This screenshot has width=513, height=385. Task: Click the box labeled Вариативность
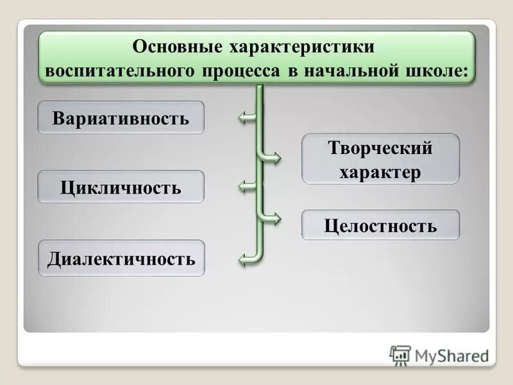click(121, 118)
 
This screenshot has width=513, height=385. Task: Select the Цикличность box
click(121, 187)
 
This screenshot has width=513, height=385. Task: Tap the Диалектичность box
click(121, 259)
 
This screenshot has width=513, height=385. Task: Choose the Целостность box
click(380, 225)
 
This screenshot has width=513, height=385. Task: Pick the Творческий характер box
click(380, 159)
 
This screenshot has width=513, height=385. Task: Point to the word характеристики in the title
click(300, 48)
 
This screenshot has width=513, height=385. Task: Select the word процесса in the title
click(243, 71)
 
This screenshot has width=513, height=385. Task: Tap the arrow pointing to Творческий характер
click(273, 158)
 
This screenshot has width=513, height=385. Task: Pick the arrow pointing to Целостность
click(273, 218)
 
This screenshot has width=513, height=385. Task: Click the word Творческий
click(380, 149)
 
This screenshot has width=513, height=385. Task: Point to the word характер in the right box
click(380, 172)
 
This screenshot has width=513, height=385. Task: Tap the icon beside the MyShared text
click(400, 355)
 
